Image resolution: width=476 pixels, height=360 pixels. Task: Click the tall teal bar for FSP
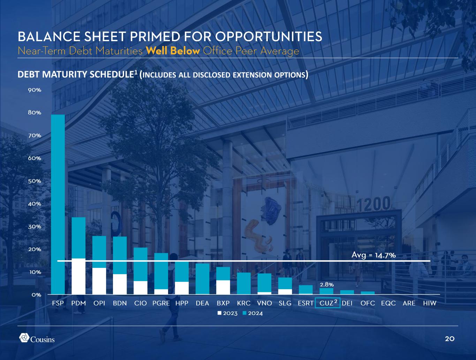tap(58, 204)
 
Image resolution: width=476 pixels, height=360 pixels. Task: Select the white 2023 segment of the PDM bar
tap(78, 276)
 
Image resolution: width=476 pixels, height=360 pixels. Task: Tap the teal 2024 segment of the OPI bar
tap(99, 252)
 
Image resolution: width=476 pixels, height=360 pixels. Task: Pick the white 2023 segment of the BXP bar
tap(223, 287)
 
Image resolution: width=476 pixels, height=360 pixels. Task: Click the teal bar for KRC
tap(244, 283)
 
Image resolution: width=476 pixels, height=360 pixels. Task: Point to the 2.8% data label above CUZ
tap(327, 285)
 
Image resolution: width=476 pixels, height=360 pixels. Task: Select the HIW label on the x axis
tap(430, 303)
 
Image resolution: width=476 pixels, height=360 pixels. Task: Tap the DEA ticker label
tap(202, 303)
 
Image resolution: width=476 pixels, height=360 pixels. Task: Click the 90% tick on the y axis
tap(35, 90)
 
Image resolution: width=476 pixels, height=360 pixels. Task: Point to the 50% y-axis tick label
tap(35, 181)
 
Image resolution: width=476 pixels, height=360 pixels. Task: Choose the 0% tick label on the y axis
tap(36, 295)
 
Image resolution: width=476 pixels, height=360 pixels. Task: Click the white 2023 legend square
tap(220, 313)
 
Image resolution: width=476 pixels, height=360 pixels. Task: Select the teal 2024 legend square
tap(244, 313)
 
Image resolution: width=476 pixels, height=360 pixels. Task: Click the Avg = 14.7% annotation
tap(373, 255)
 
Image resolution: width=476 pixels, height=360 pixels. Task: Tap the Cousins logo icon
tap(24, 338)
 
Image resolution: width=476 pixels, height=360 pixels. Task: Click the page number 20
tap(449, 339)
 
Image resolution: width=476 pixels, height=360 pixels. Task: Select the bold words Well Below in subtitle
tap(173, 51)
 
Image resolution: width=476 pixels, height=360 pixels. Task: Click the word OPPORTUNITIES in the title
tap(269, 36)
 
